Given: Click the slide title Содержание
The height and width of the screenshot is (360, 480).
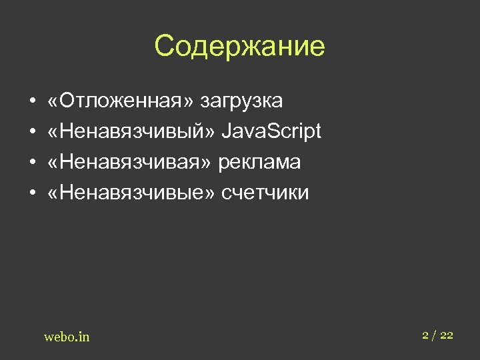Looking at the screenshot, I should coord(239,47).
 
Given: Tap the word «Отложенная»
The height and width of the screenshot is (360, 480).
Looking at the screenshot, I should coord(121,101).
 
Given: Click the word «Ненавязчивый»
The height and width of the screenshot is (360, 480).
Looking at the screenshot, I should coord(131,131).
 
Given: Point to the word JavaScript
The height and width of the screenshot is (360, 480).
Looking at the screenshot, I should coord(271,132).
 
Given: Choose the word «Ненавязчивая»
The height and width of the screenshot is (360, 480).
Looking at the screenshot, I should coord(131,162).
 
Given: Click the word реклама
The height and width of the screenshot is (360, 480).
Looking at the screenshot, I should coord(260,163).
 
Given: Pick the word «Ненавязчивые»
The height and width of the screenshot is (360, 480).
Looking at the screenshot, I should coord(131,193).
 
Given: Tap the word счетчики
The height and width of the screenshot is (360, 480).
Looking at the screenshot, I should coord(265,193).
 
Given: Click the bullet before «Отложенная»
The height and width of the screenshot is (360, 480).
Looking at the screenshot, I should coord(31,102).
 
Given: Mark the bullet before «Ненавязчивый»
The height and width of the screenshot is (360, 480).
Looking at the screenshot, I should coord(31,133).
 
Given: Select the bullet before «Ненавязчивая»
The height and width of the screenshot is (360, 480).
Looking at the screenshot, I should coord(31,163).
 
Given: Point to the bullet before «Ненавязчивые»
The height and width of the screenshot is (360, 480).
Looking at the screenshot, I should coord(31,194).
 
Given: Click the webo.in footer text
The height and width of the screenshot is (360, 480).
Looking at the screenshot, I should coord(67,337).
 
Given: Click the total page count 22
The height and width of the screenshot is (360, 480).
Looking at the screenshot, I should coord(447,335).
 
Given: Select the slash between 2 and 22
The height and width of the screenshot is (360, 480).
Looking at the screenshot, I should coord(435,335).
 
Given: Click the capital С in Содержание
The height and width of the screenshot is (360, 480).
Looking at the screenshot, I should coord(164,47).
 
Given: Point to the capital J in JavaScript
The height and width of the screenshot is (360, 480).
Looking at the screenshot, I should coord(227,131).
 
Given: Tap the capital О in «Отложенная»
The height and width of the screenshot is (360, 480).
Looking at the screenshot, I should coord(67,101).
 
